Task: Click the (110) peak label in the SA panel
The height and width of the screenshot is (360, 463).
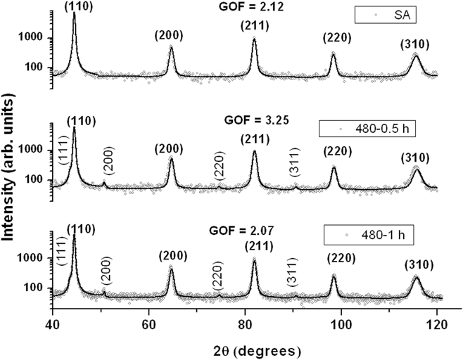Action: [x=75, y=6]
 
